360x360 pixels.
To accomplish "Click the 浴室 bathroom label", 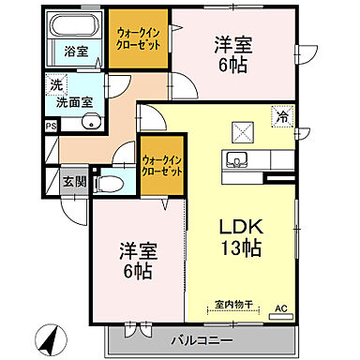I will click(x=76, y=52).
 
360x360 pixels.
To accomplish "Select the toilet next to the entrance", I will click(x=109, y=183).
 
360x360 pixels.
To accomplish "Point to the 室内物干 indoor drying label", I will click(x=230, y=304).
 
